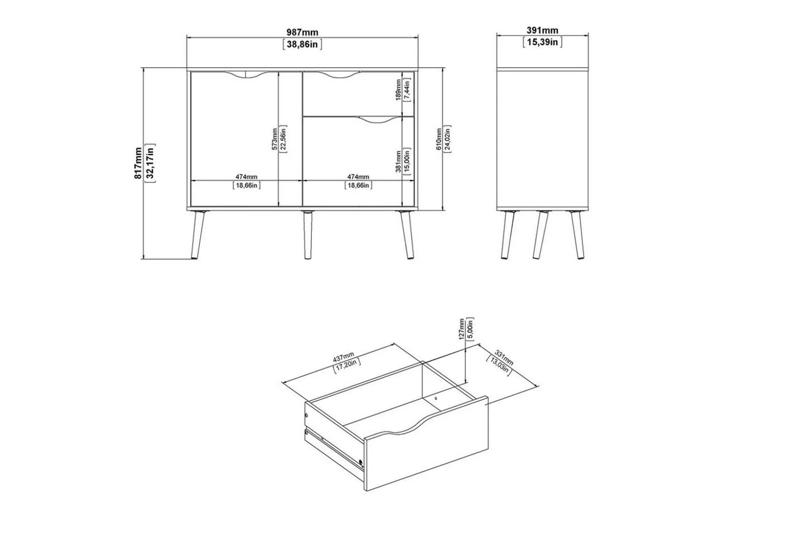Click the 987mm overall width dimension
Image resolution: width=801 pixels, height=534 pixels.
click(302, 32)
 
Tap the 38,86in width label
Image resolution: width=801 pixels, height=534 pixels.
click(302, 44)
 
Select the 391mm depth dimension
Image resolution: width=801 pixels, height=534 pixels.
click(542, 31)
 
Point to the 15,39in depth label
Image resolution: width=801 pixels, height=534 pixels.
click(542, 42)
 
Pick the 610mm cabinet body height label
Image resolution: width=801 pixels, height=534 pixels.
click(439, 139)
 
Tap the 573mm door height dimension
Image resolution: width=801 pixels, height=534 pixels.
click(274, 139)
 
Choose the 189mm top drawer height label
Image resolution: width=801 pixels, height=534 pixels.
click(398, 90)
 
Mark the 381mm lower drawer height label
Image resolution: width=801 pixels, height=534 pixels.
click(398, 161)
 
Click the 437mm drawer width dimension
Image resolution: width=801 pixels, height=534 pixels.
click(344, 357)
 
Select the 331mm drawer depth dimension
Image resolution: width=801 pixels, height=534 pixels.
click(503, 357)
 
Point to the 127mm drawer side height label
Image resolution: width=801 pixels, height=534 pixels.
click(462, 329)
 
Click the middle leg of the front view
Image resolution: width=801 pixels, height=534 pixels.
click(307, 235)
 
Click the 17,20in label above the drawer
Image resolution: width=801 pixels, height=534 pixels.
click(347, 365)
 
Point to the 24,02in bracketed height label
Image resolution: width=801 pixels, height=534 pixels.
click(447, 139)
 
